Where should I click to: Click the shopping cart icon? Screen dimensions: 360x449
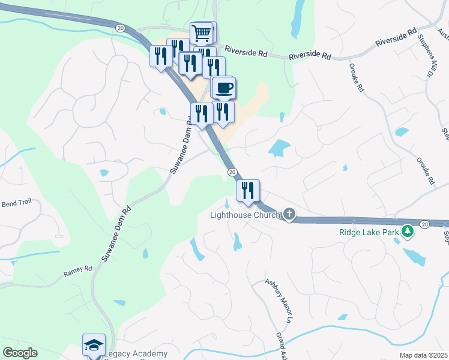tap(202, 32)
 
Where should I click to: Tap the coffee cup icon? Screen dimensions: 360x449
tap(224, 88)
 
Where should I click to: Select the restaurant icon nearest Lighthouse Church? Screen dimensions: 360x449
tap(248, 190)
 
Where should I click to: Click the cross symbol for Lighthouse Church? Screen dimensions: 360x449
tap(289, 214)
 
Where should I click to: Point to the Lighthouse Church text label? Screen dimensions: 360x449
tap(244, 215)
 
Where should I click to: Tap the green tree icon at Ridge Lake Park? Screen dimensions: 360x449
tap(408, 230)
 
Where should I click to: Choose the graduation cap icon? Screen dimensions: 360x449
tap(94, 345)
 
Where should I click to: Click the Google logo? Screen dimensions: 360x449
tap(20, 353)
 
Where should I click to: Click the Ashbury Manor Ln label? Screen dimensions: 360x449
tap(282, 299)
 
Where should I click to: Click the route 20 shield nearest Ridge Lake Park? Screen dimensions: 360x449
tap(424, 224)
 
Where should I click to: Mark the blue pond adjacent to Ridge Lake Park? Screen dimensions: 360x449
tap(414, 256)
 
